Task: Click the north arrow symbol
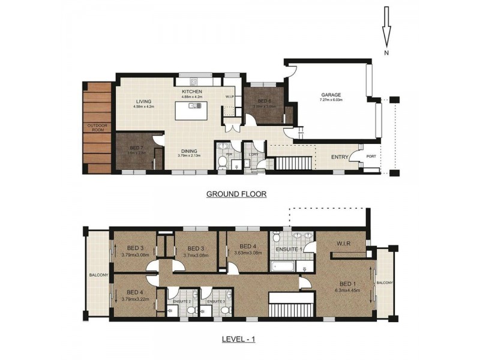(x=386, y=37)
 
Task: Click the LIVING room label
(x=143, y=101)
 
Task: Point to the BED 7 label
(x=136, y=148)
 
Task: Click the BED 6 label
(x=265, y=101)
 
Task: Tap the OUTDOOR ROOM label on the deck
(x=97, y=128)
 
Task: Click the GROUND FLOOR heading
(x=236, y=194)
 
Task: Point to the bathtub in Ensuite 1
(x=283, y=265)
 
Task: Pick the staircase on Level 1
(x=292, y=304)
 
